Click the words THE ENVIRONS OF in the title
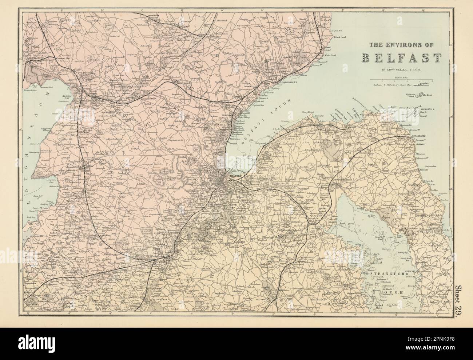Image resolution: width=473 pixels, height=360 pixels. click(401, 45)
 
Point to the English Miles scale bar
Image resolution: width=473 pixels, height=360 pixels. click(401, 79)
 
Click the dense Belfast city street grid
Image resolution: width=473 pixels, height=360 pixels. click(223, 182)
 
